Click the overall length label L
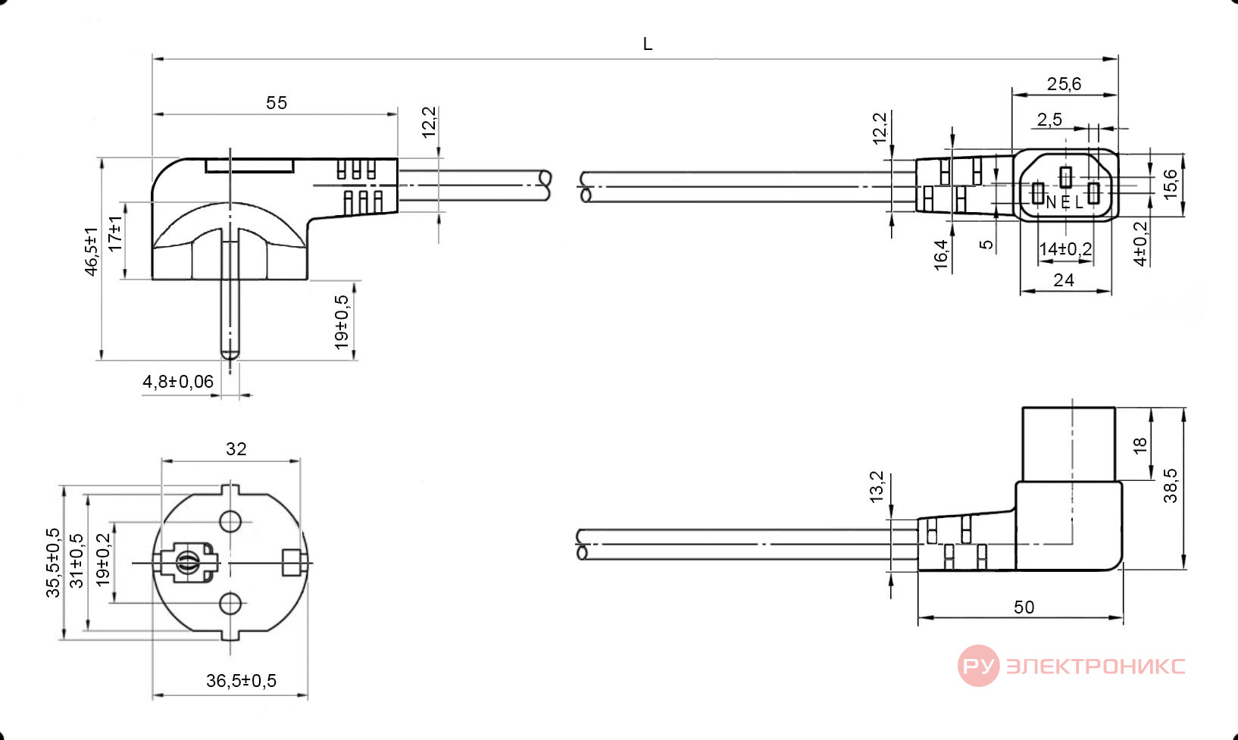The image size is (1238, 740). pyautogui.click(x=648, y=44)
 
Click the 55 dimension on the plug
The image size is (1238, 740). pyautogui.click(x=277, y=103)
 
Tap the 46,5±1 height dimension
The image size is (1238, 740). pyautogui.click(x=91, y=251)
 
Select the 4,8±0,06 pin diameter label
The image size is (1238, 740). pyautogui.click(x=178, y=381)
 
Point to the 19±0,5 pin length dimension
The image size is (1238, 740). pyautogui.click(x=342, y=322)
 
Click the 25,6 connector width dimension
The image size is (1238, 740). pyautogui.click(x=1064, y=84)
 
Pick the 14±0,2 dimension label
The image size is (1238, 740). pyautogui.click(x=1065, y=249)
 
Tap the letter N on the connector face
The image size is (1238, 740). pyautogui.click(x=1051, y=203)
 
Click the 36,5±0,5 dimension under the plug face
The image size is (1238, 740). pyautogui.click(x=241, y=680)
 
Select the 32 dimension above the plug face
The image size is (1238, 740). pyautogui.click(x=236, y=448)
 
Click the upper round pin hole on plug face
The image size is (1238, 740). pyautogui.click(x=230, y=522)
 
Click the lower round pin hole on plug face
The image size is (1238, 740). pyautogui.click(x=230, y=604)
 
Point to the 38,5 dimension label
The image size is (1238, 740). pyautogui.click(x=1170, y=486)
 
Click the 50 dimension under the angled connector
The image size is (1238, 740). pyautogui.click(x=1024, y=607)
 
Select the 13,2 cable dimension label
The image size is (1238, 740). pyautogui.click(x=877, y=487)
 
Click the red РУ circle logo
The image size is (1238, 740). pyautogui.click(x=978, y=665)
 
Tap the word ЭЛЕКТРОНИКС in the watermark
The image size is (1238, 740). pyautogui.click(x=1096, y=666)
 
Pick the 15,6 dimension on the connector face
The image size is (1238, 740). pyautogui.click(x=1170, y=185)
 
